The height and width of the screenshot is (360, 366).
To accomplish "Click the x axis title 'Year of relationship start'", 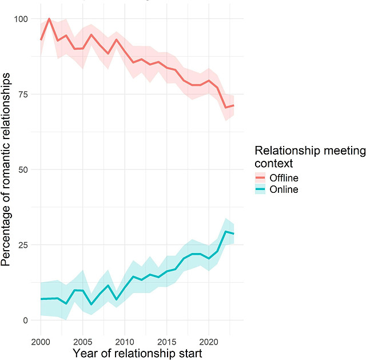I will tap(137, 353).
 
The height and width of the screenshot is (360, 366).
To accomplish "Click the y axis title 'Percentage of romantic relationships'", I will tap(8, 169).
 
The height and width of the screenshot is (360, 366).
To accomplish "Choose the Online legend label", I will tap(284, 189).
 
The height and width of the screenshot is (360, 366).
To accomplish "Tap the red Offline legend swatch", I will tap(262, 177).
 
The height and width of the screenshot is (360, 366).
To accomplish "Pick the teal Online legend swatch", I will tap(262, 189).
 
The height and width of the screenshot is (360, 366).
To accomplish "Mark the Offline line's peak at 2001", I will tap(49, 18).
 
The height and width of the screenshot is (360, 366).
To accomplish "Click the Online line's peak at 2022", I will tap(225, 231).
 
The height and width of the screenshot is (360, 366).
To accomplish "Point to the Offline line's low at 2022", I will tap(225, 108).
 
